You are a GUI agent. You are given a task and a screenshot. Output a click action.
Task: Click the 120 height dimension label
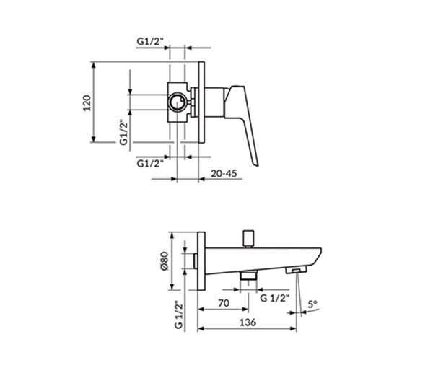(x=87, y=102)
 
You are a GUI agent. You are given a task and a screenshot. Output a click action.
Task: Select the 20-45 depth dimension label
(x=224, y=173)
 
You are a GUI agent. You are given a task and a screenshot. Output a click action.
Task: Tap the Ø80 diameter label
(x=165, y=261)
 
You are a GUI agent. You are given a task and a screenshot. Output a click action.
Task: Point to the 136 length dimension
(x=248, y=322)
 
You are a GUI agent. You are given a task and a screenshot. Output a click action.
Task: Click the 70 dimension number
(x=224, y=303)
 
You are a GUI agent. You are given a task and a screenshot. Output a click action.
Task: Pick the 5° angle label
(x=312, y=304)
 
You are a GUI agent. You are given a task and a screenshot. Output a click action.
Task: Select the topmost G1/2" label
(x=150, y=41)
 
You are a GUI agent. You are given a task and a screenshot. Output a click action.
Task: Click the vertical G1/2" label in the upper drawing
(x=123, y=132)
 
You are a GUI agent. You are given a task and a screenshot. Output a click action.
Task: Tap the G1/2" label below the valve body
(x=150, y=164)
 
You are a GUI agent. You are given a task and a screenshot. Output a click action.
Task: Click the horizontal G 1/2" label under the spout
(x=275, y=298)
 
